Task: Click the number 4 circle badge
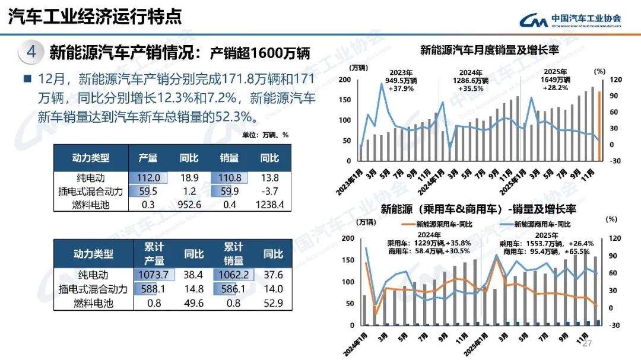pos(31,52)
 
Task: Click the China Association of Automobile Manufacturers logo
pos(570,20)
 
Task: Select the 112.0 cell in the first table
pos(148,177)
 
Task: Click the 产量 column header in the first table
pos(148,158)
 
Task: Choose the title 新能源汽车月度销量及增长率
pos(489,50)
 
